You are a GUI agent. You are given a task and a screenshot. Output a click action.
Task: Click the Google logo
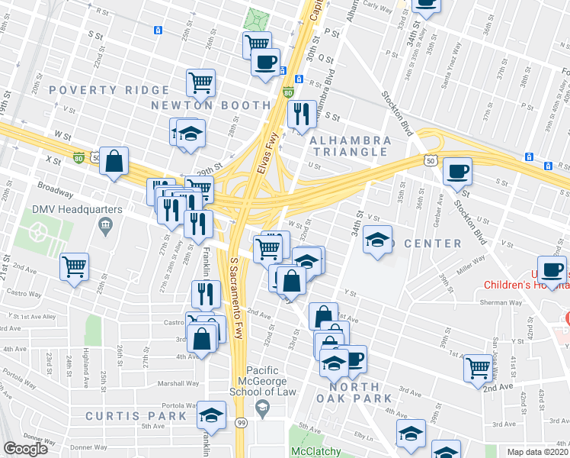(26, 449)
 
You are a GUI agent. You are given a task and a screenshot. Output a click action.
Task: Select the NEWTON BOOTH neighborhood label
(210, 105)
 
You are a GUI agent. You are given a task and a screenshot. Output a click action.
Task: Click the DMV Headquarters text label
(54, 208)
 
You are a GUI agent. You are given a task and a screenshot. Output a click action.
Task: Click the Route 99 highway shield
(242, 422)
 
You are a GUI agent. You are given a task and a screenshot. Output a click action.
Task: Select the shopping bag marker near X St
(114, 161)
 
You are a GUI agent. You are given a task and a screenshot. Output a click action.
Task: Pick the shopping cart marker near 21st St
(75, 266)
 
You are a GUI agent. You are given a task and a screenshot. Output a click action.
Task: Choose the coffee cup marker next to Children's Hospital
(552, 269)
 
